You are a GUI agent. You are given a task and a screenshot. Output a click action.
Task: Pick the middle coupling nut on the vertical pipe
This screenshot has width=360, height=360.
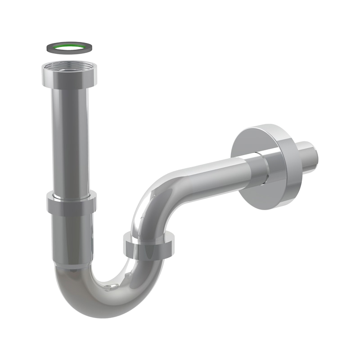(72, 204)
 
